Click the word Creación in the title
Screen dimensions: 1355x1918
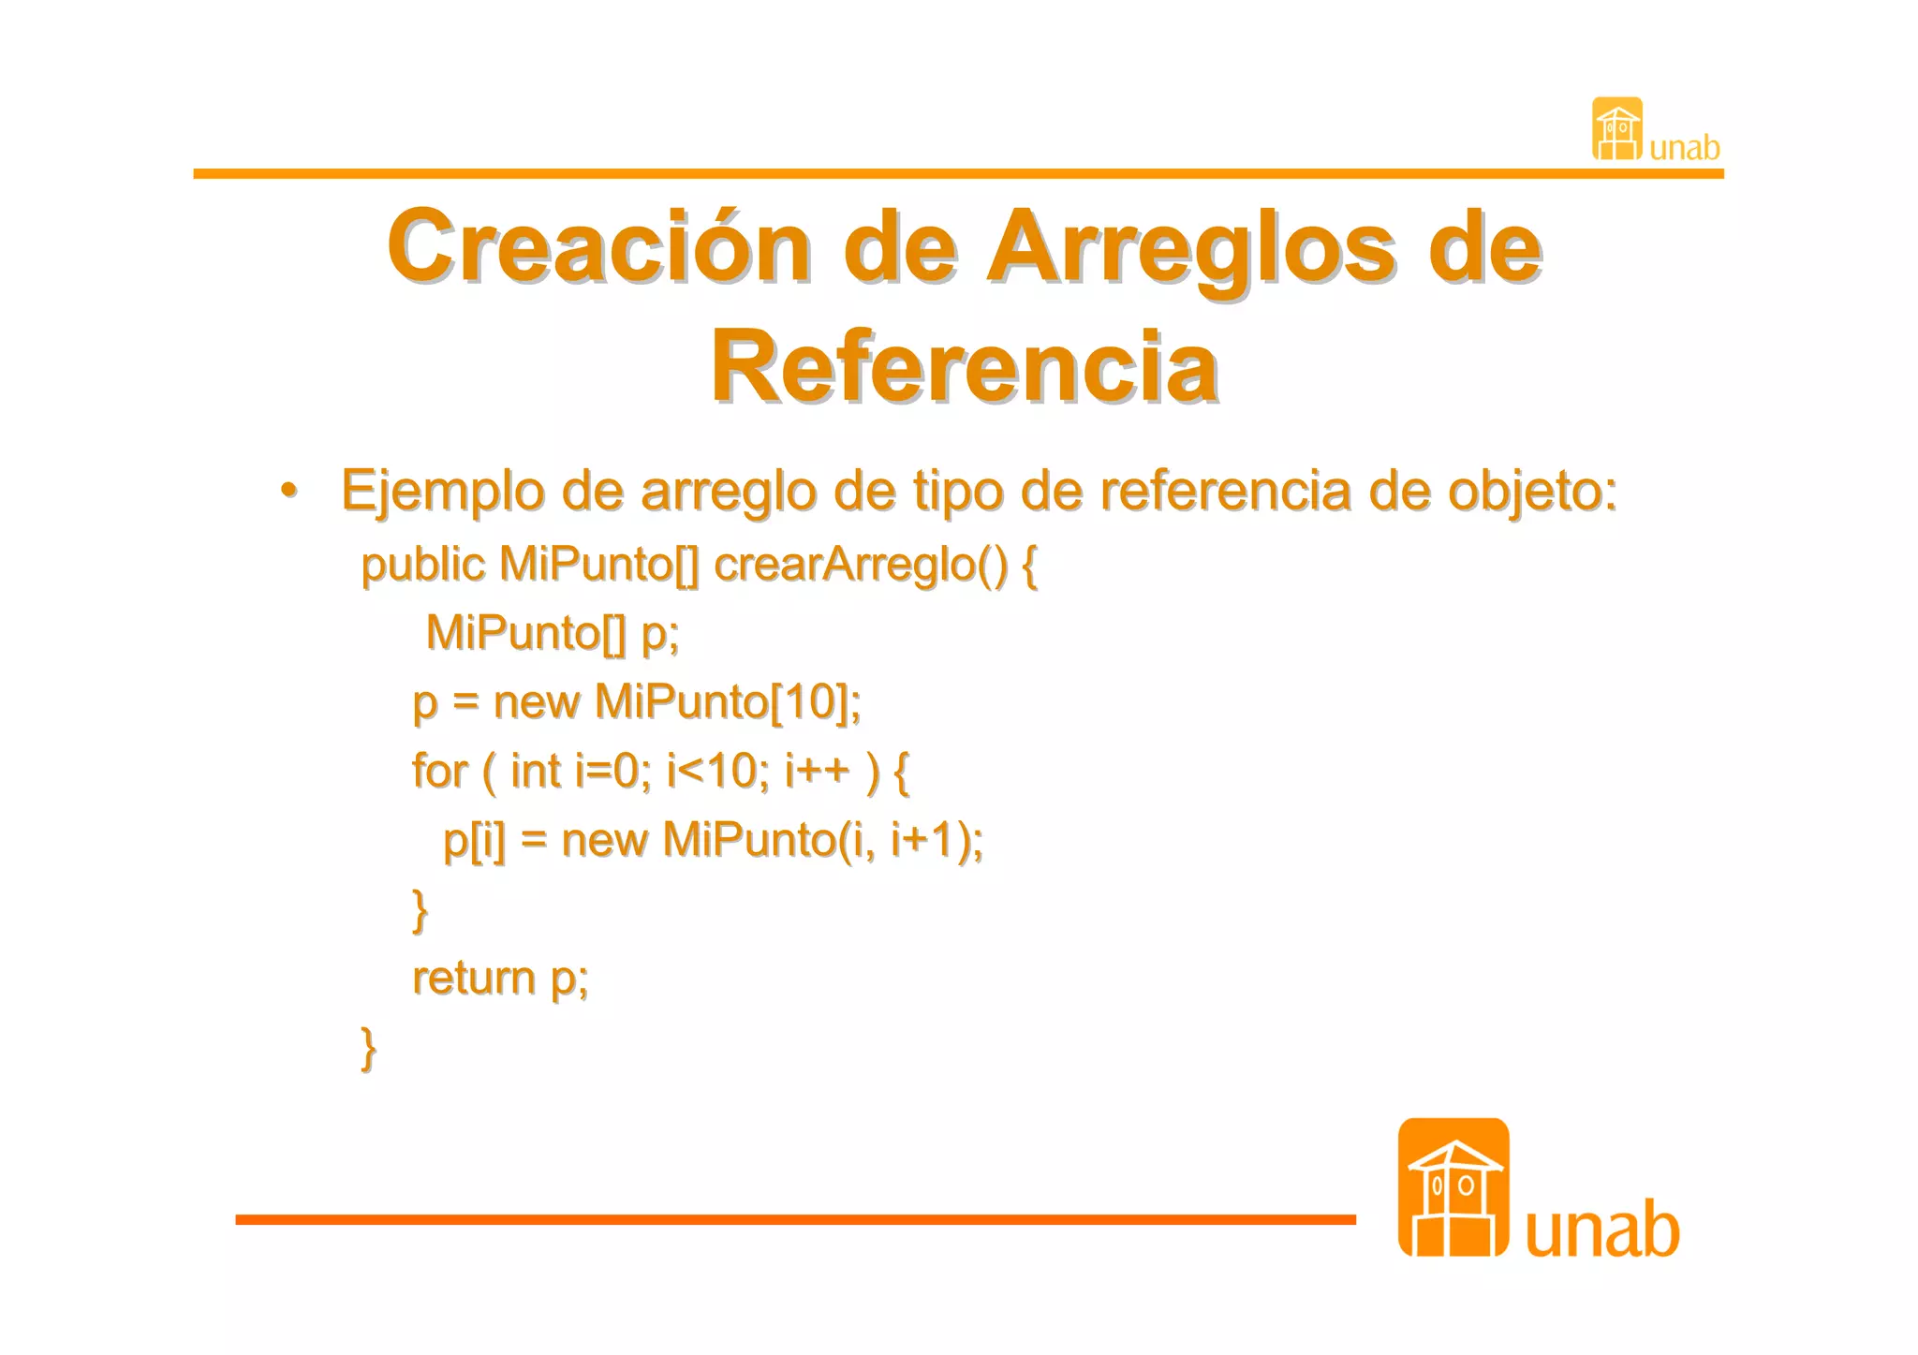click(x=599, y=247)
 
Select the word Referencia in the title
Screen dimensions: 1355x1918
click(x=965, y=367)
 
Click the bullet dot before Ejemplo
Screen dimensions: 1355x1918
click(x=289, y=491)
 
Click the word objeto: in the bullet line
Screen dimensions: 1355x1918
click(x=1532, y=491)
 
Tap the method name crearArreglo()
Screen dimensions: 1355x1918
click(x=861, y=565)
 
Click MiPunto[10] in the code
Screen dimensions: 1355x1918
click(x=725, y=702)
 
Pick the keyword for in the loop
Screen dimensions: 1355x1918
click(x=439, y=772)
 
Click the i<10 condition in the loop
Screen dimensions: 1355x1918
click(x=716, y=772)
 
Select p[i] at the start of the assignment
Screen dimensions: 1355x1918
click(x=474, y=840)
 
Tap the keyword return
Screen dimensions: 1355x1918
click(x=474, y=978)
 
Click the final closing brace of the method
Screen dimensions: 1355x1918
click(x=369, y=1048)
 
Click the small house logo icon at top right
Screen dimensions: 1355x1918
click(x=1616, y=128)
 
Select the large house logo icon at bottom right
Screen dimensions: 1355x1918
click(x=1453, y=1187)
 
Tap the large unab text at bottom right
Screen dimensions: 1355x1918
click(x=1602, y=1229)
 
